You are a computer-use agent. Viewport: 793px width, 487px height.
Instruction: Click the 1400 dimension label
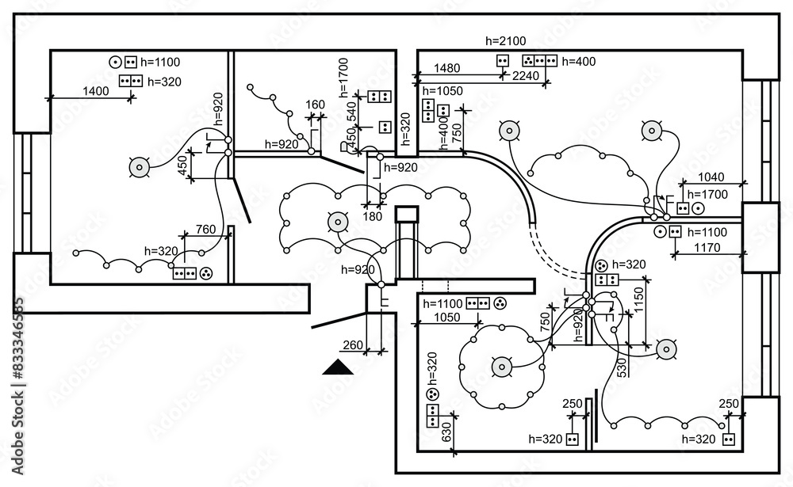[95, 91]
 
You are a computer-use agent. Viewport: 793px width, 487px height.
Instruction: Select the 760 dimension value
[205, 230]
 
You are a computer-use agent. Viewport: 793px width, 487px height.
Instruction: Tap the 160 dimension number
[315, 105]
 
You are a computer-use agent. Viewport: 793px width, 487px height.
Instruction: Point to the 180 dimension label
[372, 216]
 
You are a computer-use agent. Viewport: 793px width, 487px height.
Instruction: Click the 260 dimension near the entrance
[351, 344]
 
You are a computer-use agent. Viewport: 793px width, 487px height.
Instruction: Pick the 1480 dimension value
[447, 68]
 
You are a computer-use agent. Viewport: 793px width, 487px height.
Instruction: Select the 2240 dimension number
[526, 76]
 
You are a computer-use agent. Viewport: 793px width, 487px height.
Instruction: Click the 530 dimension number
[623, 367]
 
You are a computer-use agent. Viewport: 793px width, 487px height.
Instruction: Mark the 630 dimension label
[446, 432]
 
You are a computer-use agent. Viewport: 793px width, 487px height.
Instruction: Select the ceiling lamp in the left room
[140, 166]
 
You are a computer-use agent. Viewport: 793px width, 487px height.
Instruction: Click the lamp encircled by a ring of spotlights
[501, 367]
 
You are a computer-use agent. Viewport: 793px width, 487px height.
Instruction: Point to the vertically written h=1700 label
[343, 76]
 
